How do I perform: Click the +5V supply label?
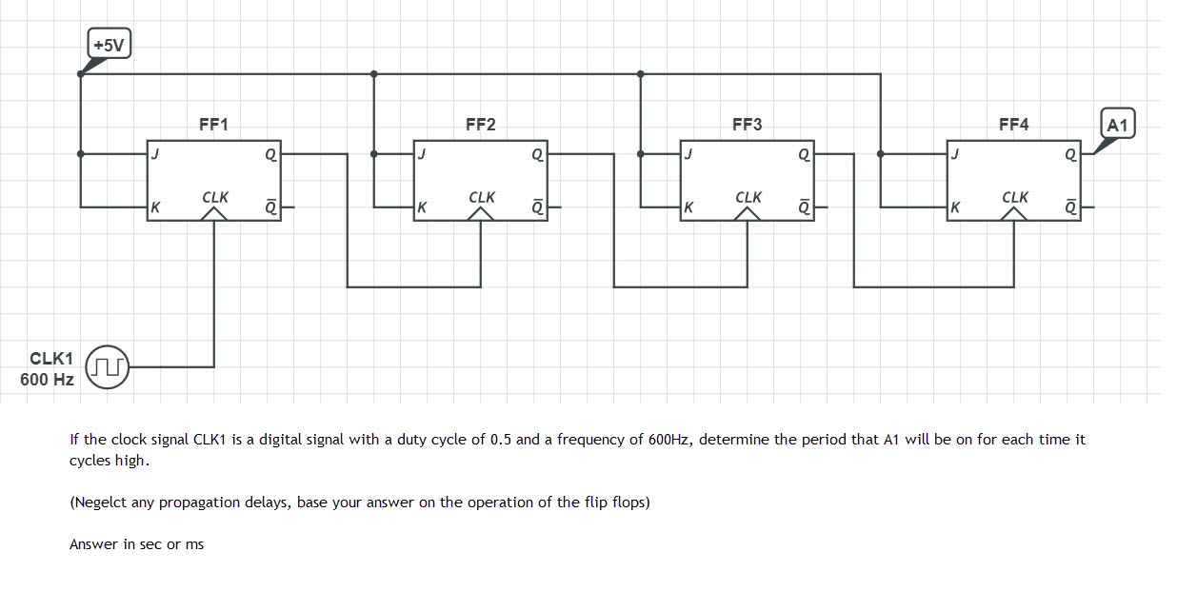[x=110, y=44]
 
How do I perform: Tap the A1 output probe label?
[x=1118, y=124]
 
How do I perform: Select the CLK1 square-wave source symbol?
[x=108, y=366]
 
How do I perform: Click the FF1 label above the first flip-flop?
[x=213, y=125]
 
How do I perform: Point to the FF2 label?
[x=480, y=125]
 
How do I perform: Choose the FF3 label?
[x=747, y=125]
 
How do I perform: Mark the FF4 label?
[x=1013, y=125]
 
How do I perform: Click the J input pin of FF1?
[x=154, y=153]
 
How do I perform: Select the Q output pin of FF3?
[x=805, y=153]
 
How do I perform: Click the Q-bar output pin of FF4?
[x=1071, y=207]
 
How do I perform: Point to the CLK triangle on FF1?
[x=214, y=214]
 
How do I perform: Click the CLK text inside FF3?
[x=748, y=197]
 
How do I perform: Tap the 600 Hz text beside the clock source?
[x=47, y=380]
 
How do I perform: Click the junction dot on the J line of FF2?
[x=373, y=153]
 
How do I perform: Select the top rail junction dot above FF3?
[x=640, y=73]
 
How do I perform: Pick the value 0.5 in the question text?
[x=501, y=440]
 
